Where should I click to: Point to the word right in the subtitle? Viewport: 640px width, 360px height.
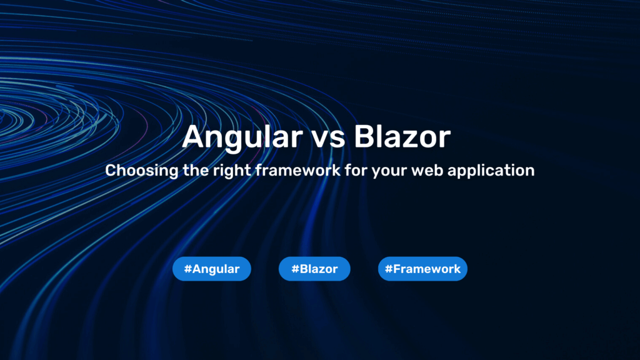tap(228, 170)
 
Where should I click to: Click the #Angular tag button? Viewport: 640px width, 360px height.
tap(212, 269)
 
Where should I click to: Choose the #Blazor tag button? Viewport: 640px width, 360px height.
tap(314, 269)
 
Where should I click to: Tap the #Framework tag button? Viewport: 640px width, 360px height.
tap(422, 269)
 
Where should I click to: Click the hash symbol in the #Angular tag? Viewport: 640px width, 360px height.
tap(187, 269)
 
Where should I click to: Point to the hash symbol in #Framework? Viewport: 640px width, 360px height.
tap(388, 269)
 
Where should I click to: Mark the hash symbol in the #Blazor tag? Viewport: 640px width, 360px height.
tap(294, 269)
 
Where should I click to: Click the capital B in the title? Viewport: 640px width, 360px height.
tap(364, 137)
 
